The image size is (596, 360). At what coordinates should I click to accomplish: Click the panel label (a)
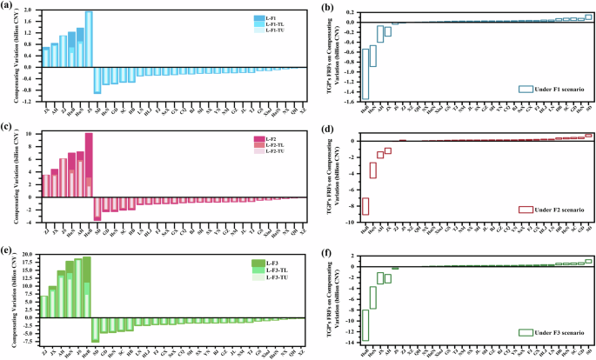coord(8,7)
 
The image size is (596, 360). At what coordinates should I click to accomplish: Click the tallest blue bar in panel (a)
coord(89,39)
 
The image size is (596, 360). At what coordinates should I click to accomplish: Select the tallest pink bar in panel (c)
coord(89,165)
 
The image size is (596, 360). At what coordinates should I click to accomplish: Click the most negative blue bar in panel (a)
coord(97,80)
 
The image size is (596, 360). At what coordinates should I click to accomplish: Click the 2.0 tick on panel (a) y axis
coord(30,10)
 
